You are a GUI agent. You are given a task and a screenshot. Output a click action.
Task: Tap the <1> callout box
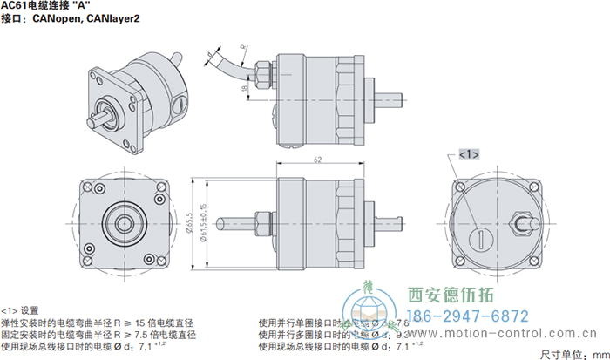point(468,154)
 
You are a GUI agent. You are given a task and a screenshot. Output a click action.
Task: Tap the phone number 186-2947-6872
point(468,316)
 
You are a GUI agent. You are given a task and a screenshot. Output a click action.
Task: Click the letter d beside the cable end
point(210,54)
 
